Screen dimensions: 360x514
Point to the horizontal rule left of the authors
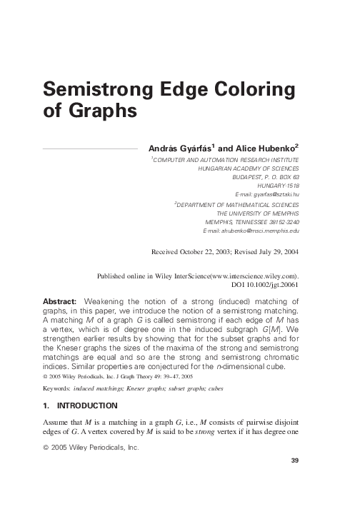pyautogui.click(x=91, y=148)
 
